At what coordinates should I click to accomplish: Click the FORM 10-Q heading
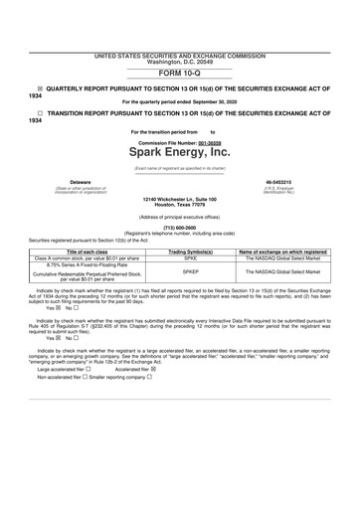[x=179, y=74]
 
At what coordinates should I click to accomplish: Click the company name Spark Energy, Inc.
[x=179, y=153]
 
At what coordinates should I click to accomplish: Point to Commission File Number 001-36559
[x=179, y=142]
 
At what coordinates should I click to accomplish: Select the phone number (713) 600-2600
[x=179, y=225]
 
